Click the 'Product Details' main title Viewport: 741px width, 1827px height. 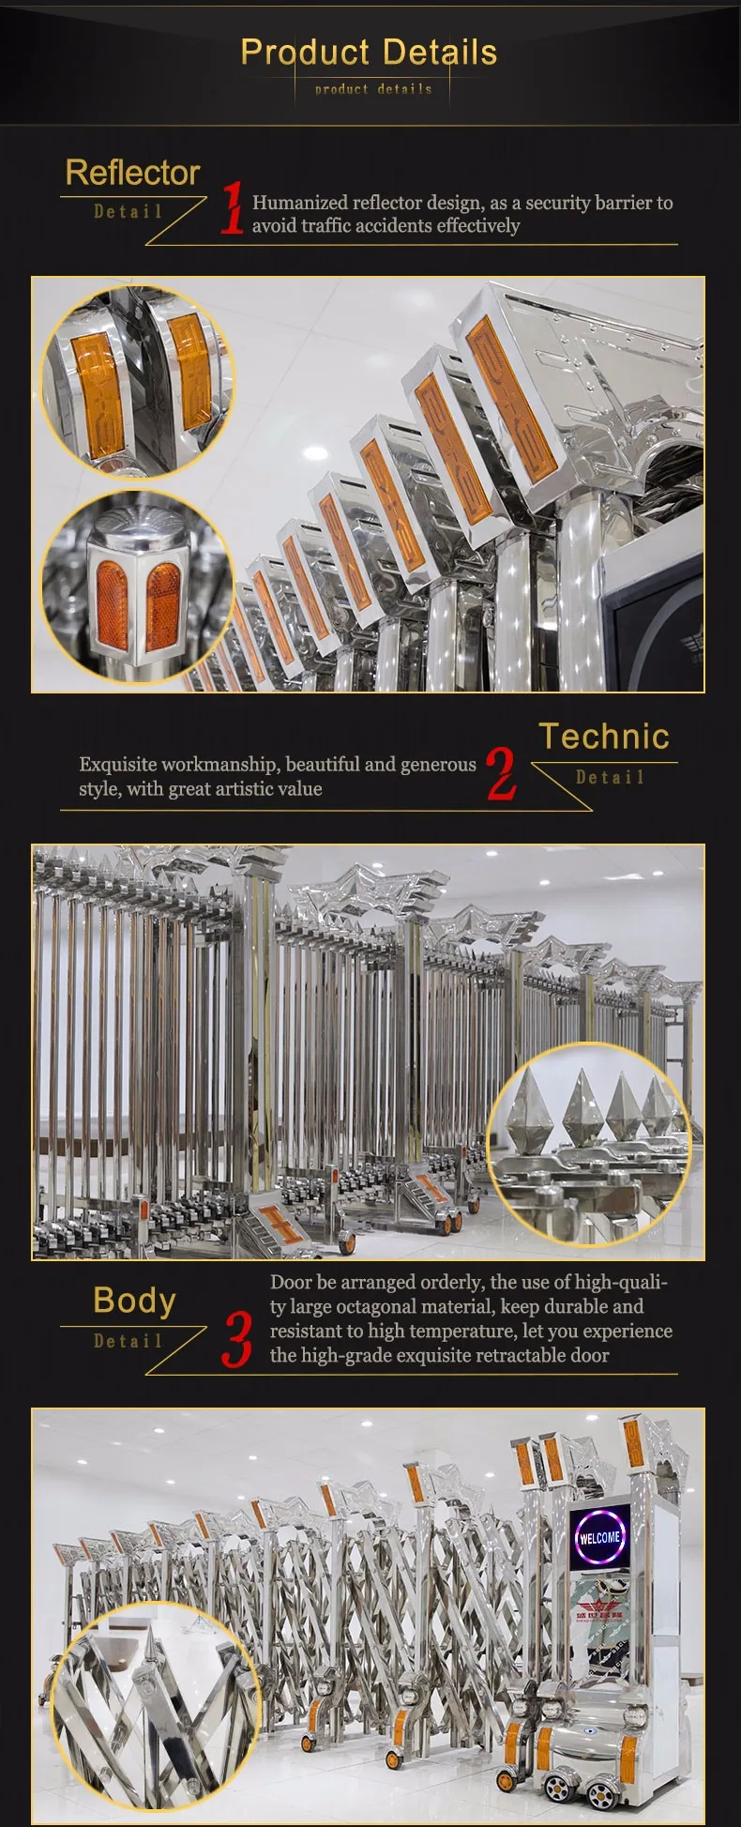coord(369,53)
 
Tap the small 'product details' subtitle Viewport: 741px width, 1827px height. coord(373,89)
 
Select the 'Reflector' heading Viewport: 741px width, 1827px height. coord(132,173)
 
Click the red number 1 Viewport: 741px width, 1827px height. coord(232,208)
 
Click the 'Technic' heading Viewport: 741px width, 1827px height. coord(604,737)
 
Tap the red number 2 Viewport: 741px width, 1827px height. coord(502,774)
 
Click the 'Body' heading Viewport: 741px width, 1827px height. coord(134,1301)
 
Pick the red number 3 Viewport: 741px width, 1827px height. coord(237,1339)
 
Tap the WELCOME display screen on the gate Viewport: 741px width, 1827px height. coord(599,1538)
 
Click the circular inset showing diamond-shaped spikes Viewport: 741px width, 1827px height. coord(589,1144)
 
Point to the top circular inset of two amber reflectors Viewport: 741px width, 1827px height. coord(138,381)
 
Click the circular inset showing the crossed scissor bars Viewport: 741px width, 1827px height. coord(155,1701)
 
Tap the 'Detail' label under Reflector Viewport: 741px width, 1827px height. coord(128,212)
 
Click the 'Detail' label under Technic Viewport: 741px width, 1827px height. coord(610,778)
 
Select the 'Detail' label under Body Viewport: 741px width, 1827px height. coord(128,1341)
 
